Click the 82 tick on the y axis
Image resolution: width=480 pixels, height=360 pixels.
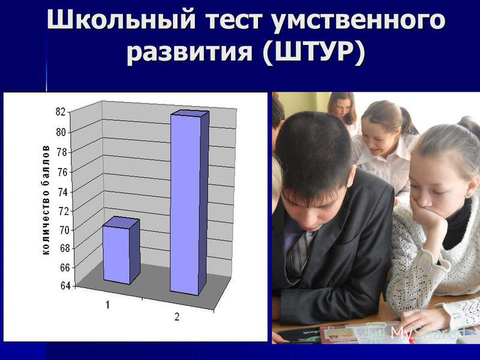pos(60,112)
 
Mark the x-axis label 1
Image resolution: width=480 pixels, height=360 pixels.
pos(108,305)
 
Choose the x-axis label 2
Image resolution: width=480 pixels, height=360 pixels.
pos(177,317)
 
